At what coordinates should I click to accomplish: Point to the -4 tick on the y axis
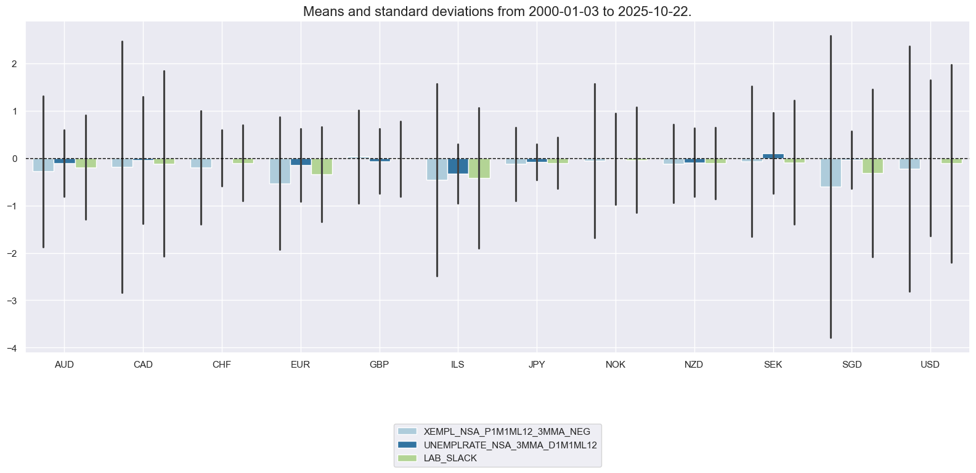[13, 348]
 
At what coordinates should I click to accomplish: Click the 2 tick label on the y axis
[15, 64]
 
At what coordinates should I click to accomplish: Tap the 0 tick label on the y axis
[15, 159]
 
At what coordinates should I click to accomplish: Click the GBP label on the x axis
[379, 365]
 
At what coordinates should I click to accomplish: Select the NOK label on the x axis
[615, 365]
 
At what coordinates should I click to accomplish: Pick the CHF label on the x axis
[221, 365]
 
